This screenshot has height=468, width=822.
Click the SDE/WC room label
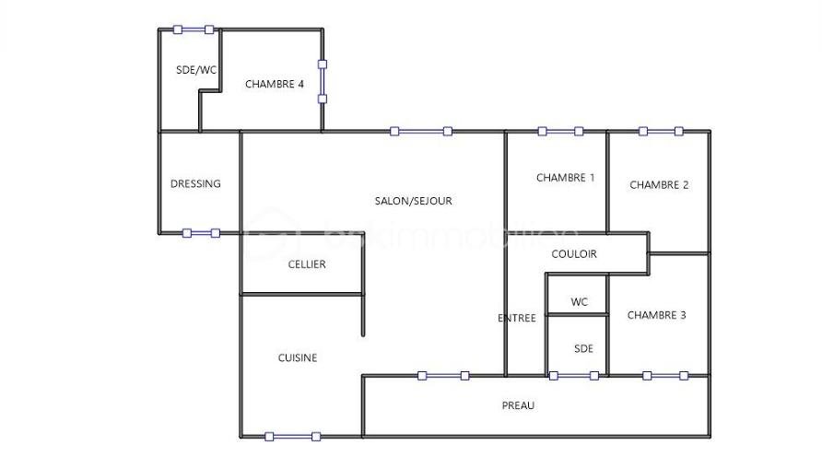click(195, 70)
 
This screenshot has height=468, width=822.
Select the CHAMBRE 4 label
click(275, 84)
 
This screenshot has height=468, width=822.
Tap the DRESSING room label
click(195, 183)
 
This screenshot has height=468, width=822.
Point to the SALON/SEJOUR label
click(413, 201)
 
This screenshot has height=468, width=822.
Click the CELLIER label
click(307, 264)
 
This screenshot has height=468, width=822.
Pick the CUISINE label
click(298, 357)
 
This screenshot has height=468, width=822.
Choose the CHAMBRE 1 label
click(566, 178)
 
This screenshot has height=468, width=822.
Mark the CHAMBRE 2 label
click(659, 185)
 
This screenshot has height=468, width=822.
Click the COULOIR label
click(574, 254)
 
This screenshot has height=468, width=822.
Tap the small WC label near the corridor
click(579, 302)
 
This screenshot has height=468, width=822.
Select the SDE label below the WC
click(583, 348)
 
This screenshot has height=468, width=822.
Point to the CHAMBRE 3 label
click(656, 315)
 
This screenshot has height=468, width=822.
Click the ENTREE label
click(517, 318)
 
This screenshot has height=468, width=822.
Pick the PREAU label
click(518, 405)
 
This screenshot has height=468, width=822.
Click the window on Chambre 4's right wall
click(323, 81)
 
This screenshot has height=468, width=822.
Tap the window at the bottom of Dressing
click(201, 233)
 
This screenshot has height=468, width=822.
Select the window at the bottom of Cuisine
click(292, 436)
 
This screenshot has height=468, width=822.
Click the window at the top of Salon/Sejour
click(421, 132)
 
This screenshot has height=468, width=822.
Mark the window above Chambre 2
click(661, 131)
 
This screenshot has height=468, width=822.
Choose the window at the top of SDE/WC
click(194, 29)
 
